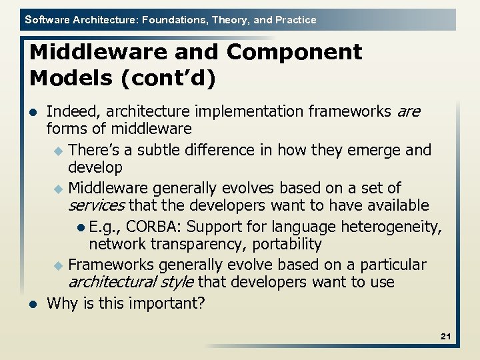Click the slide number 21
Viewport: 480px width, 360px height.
click(x=445, y=337)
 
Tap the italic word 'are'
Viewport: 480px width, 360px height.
click(x=408, y=111)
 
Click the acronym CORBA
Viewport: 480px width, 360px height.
click(x=151, y=227)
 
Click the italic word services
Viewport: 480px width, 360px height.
click(x=97, y=207)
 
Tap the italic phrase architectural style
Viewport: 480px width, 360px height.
click(x=131, y=283)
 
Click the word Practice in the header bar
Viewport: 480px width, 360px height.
click(x=295, y=20)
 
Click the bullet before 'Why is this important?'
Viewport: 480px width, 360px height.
click(x=33, y=305)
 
